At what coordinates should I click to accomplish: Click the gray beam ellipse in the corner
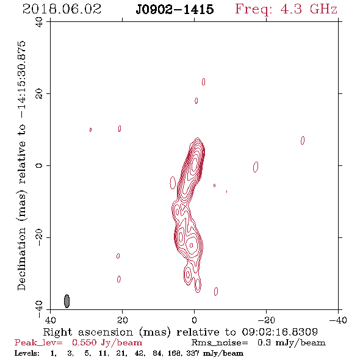pyautogui.click(x=67, y=301)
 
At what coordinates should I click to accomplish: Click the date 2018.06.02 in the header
pyautogui.click(x=62, y=9)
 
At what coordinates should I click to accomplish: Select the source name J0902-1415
pyautogui.click(x=175, y=9)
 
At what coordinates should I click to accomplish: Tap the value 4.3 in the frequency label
pyautogui.click(x=291, y=9)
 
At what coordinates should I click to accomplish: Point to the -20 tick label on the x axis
pyautogui.click(x=266, y=320)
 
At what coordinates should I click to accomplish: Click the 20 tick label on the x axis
pyautogui.click(x=122, y=320)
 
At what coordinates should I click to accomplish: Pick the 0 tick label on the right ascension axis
pyautogui.click(x=194, y=320)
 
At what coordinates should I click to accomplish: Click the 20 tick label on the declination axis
pyautogui.click(x=39, y=94)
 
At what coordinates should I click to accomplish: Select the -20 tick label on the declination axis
pyautogui.click(x=39, y=237)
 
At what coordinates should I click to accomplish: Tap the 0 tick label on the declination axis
pyautogui.click(x=39, y=165)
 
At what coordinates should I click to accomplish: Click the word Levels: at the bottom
pyautogui.click(x=27, y=353)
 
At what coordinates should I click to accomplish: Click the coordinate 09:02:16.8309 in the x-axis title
pyautogui.click(x=280, y=332)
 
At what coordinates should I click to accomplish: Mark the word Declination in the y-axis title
pyautogui.click(x=21, y=259)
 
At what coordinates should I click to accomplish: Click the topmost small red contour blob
pyautogui.click(x=203, y=82)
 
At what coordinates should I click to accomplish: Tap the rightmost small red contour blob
pyautogui.click(x=303, y=140)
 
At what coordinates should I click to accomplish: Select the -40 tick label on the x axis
pyautogui.click(x=338, y=320)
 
